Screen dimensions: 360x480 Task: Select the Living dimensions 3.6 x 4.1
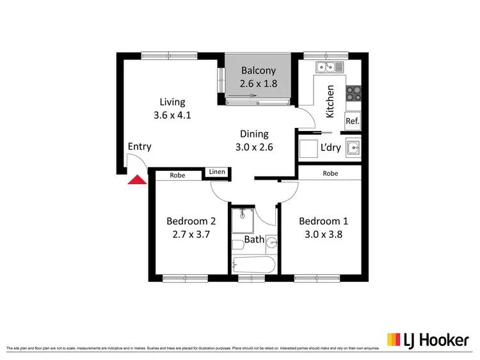[x=172, y=116]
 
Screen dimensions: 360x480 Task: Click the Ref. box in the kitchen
[x=352, y=121]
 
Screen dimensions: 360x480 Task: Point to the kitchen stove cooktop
[x=353, y=94]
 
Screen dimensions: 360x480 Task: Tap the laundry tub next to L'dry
[x=353, y=148]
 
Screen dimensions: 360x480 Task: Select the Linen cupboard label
[x=216, y=171]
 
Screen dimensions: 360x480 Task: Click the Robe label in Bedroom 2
[x=177, y=176]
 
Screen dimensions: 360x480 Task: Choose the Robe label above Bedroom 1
[x=330, y=173]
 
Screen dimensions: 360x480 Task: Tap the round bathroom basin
[x=271, y=242]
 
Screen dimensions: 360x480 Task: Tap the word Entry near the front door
[x=140, y=146]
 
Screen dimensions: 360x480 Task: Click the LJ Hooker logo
[x=427, y=340]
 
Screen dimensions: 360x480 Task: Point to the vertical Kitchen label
[x=330, y=101]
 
